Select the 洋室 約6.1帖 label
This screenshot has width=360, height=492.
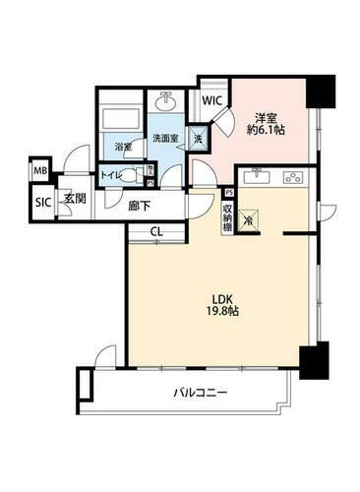[x=265, y=121]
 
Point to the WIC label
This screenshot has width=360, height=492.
[x=211, y=100]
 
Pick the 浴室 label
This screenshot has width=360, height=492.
[x=124, y=147]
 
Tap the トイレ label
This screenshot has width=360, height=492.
[x=112, y=175]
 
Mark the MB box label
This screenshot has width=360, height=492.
[x=41, y=171]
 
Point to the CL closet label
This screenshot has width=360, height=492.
[x=157, y=232]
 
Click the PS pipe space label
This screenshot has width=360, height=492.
[x=228, y=193]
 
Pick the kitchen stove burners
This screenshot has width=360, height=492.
[x=292, y=178]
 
